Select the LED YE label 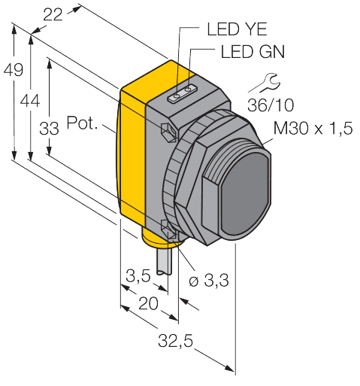(234, 31)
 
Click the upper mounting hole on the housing (169, 131)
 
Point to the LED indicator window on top (180, 94)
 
